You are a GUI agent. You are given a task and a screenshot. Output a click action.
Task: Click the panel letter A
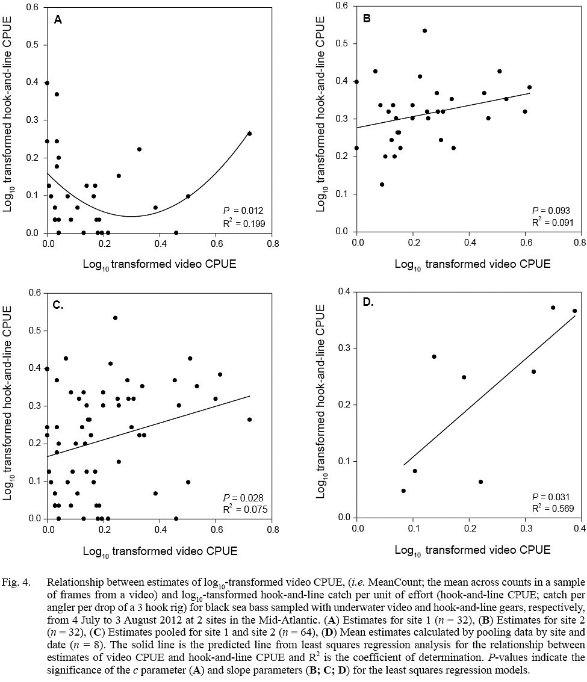point(58,20)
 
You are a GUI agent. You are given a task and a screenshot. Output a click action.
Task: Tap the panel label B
point(366,19)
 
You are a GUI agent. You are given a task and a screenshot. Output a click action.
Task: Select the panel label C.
point(59,305)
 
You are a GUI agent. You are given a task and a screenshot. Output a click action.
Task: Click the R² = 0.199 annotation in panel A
point(243,223)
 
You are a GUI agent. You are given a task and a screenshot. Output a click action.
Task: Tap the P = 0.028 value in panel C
point(243,497)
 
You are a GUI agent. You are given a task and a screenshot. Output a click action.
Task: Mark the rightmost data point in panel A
point(249,134)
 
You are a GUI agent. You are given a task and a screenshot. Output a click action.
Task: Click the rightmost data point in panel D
point(574,311)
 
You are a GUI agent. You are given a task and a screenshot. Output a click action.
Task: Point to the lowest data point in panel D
point(403,491)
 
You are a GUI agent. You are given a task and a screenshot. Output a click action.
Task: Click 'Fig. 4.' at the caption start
point(22,583)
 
